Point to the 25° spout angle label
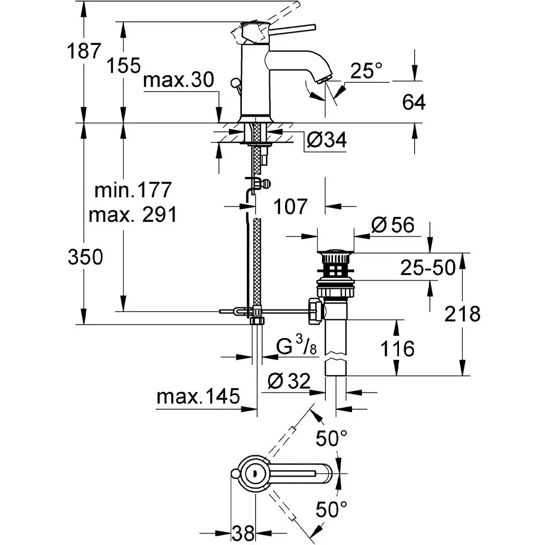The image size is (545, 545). [x=366, y=70]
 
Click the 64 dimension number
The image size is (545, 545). [x=413, y=102]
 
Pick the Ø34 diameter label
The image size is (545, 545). [x=326, y=141]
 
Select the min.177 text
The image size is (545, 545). [x=133, y=191]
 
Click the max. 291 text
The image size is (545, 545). [x=133, y=215]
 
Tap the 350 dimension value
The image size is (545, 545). [x=85, y=257]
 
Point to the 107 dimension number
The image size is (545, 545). [x=291, y=207]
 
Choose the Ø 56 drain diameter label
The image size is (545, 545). [x=392, y=225]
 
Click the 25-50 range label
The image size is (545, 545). [x=427, y=268]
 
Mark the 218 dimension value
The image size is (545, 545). [x=462, y=314]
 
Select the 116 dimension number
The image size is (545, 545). [x=397, y=348]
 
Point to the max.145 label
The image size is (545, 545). [x=198, y=396]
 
